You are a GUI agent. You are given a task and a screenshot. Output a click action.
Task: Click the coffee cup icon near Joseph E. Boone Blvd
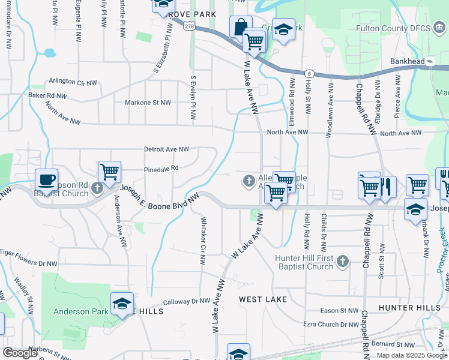46,179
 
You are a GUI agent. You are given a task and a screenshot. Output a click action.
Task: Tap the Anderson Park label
81,311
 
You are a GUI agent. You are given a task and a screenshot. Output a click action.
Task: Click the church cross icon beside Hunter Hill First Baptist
342,261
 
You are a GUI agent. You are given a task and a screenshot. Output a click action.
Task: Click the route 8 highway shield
309,72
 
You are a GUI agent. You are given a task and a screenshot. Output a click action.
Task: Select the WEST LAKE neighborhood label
263,299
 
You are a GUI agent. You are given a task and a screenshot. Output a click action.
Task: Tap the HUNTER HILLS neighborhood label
410,307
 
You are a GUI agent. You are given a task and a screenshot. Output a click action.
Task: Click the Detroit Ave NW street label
166,149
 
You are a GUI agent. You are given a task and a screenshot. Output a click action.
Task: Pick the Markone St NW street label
148,103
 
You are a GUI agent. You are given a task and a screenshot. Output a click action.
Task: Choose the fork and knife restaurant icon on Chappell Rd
386,187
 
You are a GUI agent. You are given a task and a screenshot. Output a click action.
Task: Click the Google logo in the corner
21,353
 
